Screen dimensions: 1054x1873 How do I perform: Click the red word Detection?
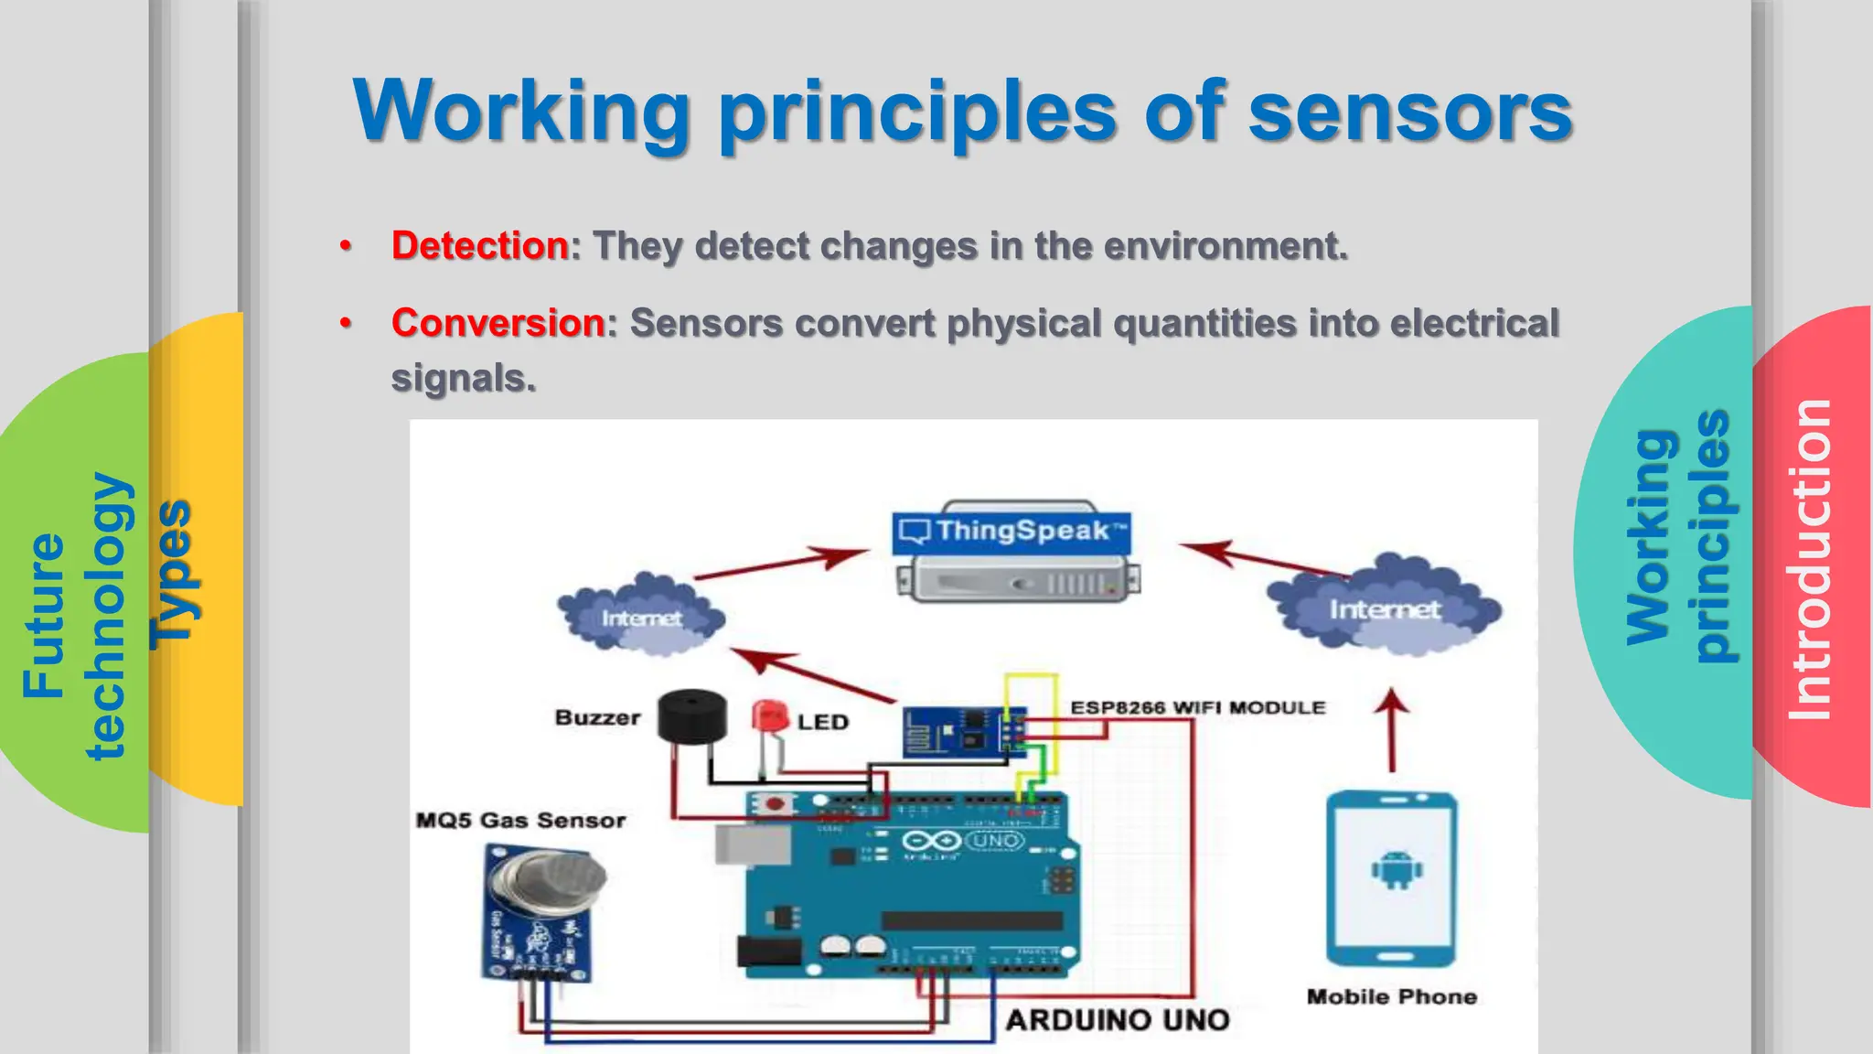[x=480, y=245]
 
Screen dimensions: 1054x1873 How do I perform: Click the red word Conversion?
[x=498, y=323]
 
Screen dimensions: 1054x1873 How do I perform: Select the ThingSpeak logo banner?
[x=1011, y=532]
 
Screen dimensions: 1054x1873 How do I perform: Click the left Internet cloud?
[x=641, y=617]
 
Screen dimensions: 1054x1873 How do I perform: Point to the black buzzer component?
[x=692, y=716]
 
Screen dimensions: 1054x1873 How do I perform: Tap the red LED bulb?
[x=770, y=715]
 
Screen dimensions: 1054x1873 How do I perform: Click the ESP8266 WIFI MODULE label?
[x=1197, y=707]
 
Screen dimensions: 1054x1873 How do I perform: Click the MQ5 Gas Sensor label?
[x=520, y=820]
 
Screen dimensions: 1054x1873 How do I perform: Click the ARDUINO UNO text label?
[x=1118, y=1019]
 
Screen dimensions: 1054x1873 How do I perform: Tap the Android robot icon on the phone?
[x=1396, y=870]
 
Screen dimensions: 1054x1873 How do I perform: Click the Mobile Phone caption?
[x=1391, y=996]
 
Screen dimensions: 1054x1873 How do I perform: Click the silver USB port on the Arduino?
[x=752, y=844]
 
